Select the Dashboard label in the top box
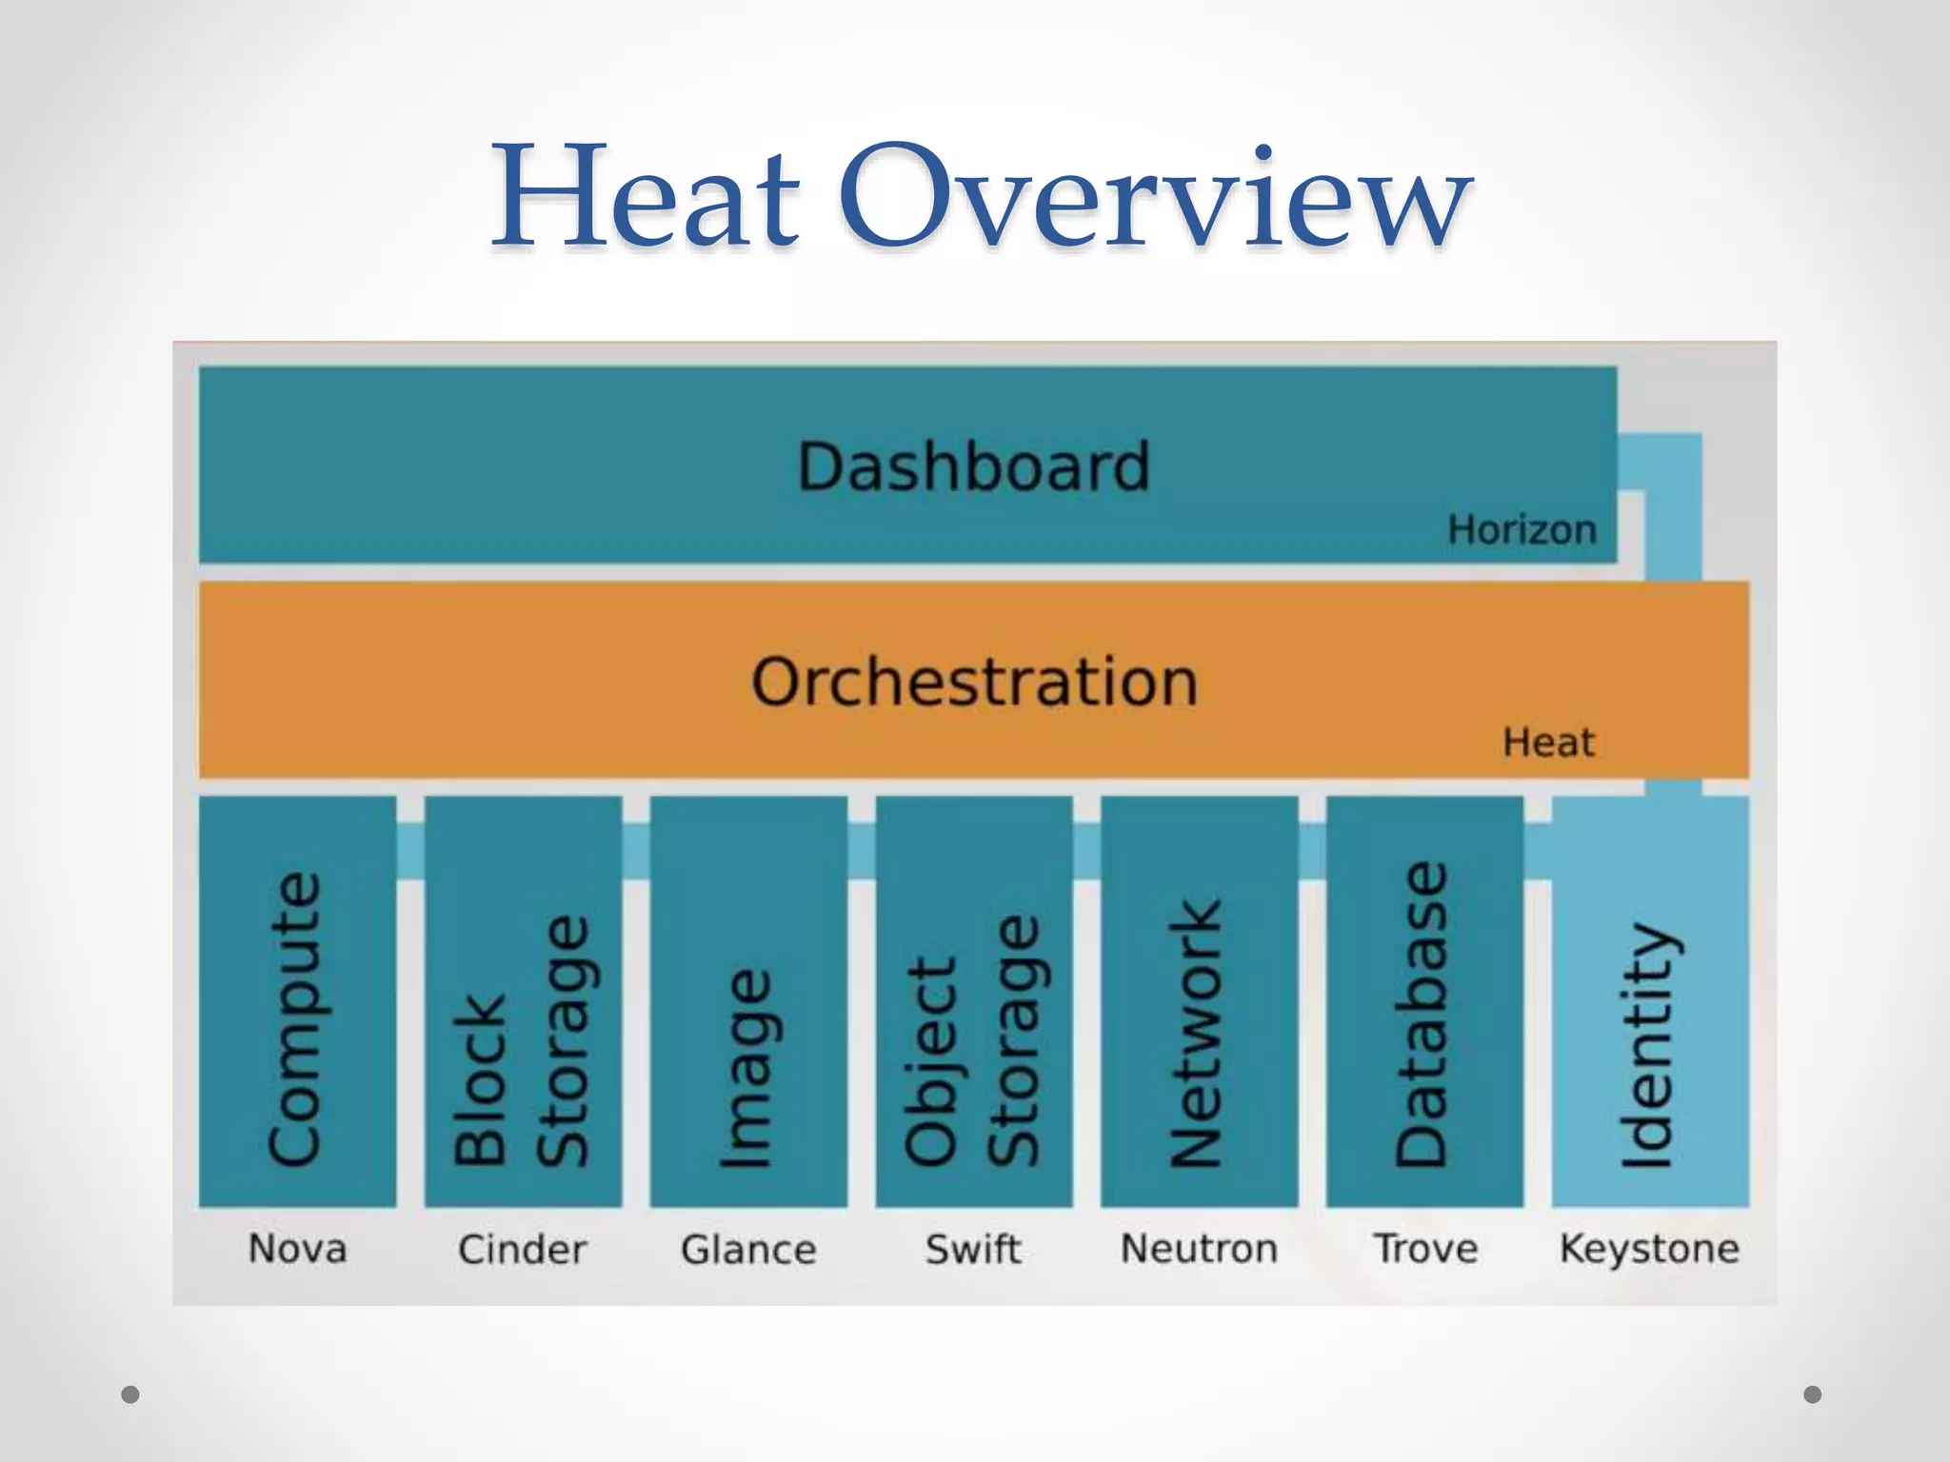click(x=974, y=466)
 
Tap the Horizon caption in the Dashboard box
click(x=1522, y=530)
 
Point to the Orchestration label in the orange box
click(x=974, y=682)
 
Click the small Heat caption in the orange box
click(x=1548, y=742)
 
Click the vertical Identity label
click(x=1648, y=1044)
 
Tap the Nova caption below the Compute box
click(x=297, y=1248)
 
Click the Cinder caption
click(x=522, y=1249)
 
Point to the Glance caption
click(x=748, y=1249)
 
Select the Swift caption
click(x=973, y=1248)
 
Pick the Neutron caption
click(x=1199, y=1248)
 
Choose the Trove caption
click(x=1425, y=1248)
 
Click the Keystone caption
click(x=1649, y=1248)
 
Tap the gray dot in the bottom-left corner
click(x=131, y=1394)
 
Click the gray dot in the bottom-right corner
click(x=1813, y=1394)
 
